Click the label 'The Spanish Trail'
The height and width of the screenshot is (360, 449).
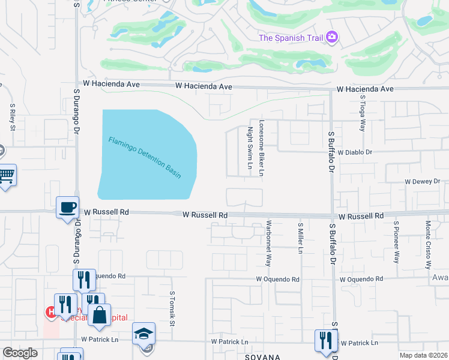tap(291, 38)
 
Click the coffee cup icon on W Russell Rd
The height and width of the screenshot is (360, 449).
tap(67, 208)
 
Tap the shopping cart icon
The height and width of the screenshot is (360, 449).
tap(6, 175)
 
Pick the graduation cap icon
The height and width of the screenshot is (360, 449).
tap(143, 334)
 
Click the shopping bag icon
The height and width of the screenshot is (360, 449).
tap(99, 314)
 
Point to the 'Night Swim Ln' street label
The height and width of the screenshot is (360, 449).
tap(250, 147)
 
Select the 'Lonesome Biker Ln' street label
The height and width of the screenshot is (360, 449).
tap(261, 148)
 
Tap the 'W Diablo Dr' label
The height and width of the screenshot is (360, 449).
tap(355, 152)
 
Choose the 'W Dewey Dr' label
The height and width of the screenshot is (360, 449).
tap(422, 181)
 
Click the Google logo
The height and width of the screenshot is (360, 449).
tap(20, 352)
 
